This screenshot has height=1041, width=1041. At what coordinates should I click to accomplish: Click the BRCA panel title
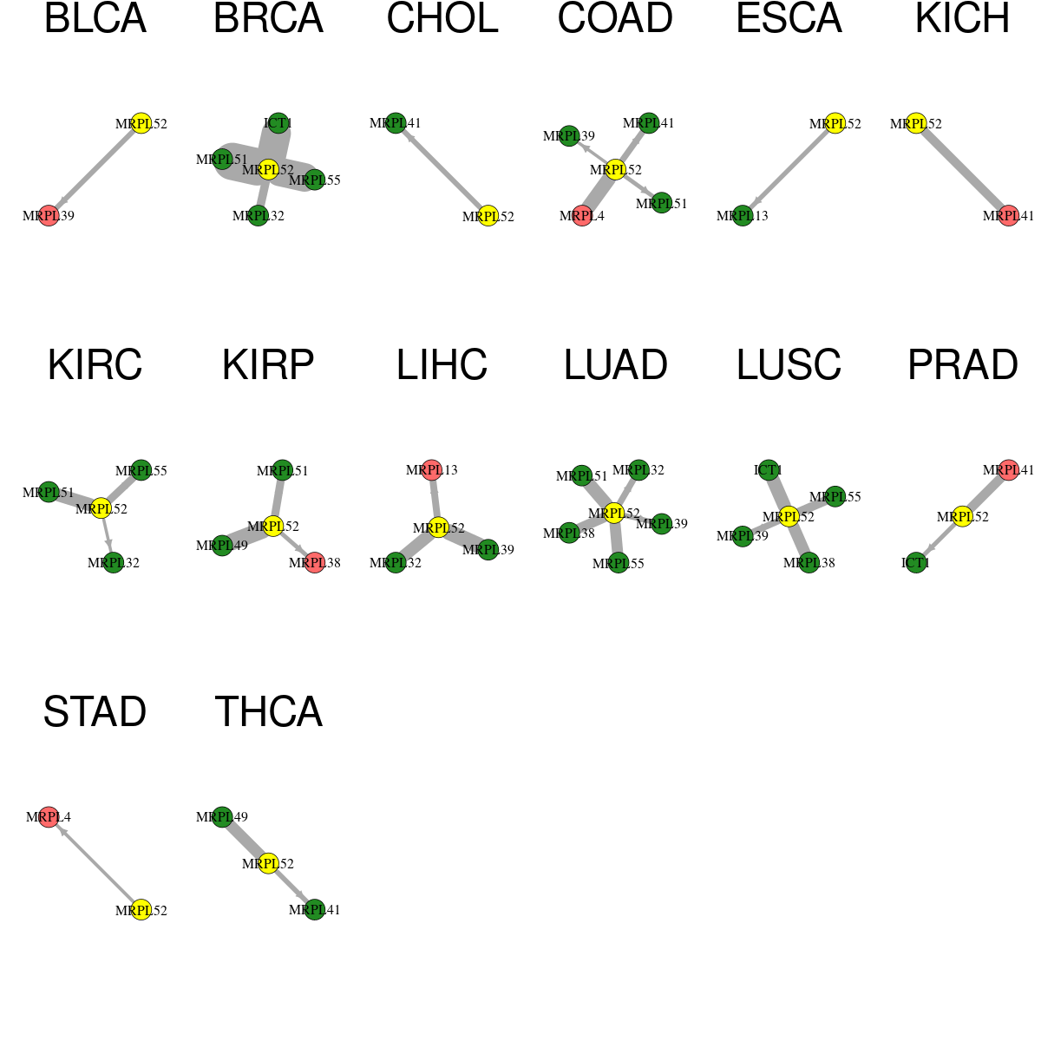click(268, 18)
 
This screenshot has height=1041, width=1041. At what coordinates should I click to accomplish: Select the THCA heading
click(268, 711)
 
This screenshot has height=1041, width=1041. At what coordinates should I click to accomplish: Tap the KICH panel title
click(962, 18)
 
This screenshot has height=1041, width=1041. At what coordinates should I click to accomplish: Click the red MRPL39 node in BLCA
click(49, 215)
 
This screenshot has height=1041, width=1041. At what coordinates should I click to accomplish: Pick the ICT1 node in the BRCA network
click(278, 122)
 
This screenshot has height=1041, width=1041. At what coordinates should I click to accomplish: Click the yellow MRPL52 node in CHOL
click(488, 216)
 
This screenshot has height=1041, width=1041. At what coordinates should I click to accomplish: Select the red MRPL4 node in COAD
click(582, 215)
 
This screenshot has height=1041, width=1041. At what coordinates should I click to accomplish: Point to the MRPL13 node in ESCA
click(743, 215)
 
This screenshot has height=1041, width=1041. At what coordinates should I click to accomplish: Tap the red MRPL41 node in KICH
click(1008, 215)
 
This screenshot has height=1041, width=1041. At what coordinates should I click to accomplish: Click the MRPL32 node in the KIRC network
click(114, 562)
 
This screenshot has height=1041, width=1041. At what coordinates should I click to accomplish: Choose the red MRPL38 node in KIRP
click(314, 562)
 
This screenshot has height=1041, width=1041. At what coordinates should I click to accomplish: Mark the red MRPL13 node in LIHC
click(432, 469)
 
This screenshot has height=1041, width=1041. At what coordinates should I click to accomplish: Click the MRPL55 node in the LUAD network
click(619, 563)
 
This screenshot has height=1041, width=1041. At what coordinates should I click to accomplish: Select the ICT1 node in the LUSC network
click(769, 469)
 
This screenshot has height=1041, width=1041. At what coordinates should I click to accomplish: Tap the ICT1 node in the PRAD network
click(916, 562)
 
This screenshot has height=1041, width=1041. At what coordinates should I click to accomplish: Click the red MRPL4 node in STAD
click(49, 816)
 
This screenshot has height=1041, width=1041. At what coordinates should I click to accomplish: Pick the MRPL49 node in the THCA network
click(222, 816)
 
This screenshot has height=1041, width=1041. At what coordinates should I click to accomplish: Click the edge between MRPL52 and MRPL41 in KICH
click(962, 170)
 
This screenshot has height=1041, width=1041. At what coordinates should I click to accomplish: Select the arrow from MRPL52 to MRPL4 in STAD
click(95, 863)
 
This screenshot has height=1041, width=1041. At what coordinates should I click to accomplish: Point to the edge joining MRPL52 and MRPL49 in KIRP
click(247, 535)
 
